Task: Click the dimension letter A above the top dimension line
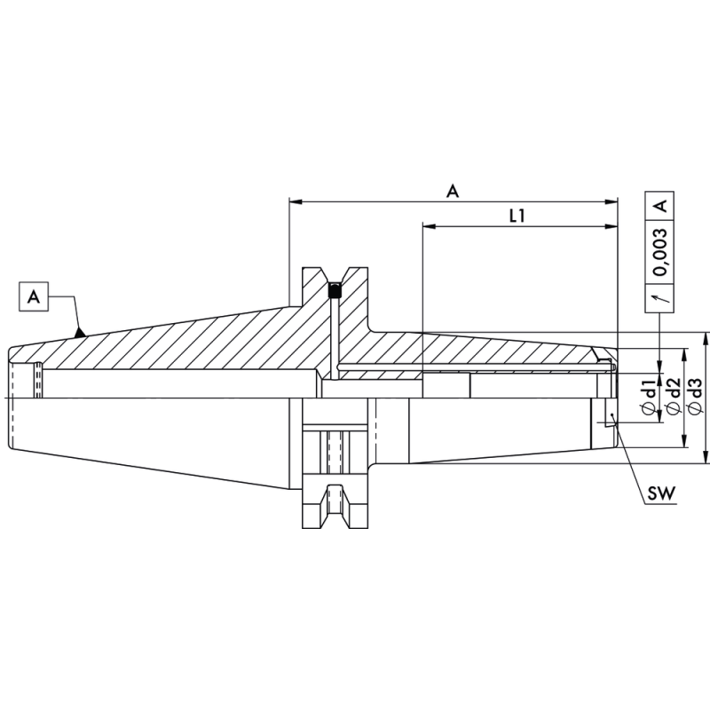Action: tap(453, 190)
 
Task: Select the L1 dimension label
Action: tap(518, 214)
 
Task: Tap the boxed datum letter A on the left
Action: tap(34, 296)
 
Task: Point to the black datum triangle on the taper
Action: tap(80, 333)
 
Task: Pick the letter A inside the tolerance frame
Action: tap(660, 205)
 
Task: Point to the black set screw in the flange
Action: tap(335, 290)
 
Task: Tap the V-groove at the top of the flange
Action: tap(335, 274)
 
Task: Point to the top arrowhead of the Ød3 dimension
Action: tap(706, 338)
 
